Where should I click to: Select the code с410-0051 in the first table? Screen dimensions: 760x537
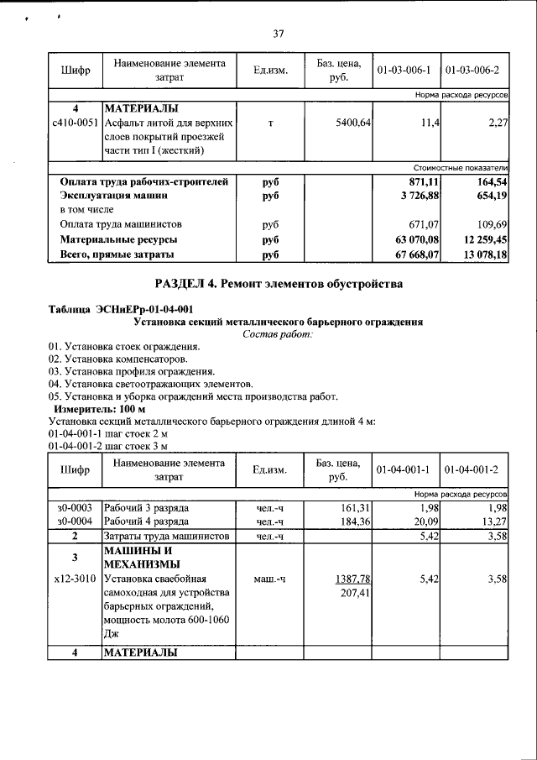[76, 123]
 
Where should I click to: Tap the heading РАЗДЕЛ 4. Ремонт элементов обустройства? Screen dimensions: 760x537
[279, 284]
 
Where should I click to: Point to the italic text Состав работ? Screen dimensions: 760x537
[278, 334]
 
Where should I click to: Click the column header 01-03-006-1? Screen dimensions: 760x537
[404, 69]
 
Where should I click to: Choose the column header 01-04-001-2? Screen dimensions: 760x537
[474, 469]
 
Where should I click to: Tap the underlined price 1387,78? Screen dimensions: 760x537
[353, 579]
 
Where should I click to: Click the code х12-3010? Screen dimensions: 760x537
[75, 579]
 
